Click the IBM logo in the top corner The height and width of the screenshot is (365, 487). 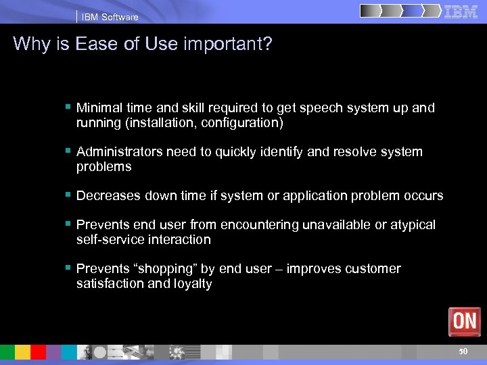coord(461,12)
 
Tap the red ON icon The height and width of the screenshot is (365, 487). coord(465,321)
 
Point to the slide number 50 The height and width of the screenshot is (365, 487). coord(463,351)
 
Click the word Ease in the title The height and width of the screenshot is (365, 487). coord(95,44)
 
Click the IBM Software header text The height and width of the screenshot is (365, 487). coord(110,17)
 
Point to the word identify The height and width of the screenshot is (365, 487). coord(282,152)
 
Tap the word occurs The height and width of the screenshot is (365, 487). coord(423,196)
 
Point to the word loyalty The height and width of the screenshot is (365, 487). coord(193,284)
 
